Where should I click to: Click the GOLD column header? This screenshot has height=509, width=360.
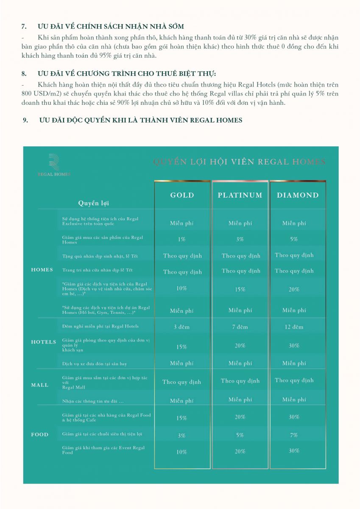[182, 195]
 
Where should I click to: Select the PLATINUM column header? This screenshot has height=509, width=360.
[240, 195]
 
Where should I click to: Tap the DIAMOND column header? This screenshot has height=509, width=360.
[298, 195]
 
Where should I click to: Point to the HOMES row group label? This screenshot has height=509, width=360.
[42, 270]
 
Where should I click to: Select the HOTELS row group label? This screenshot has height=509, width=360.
[44, 342]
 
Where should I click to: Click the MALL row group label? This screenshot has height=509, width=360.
[40, 385]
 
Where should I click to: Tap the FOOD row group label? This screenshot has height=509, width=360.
[40, 434]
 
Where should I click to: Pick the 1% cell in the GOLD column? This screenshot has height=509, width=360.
[181, 239]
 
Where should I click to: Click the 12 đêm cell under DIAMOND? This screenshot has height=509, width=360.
[294, 327]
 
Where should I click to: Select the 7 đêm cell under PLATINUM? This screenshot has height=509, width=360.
[240, 327]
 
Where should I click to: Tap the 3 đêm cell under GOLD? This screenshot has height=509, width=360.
[181, 327]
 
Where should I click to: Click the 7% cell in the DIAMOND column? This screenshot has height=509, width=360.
[294, 435]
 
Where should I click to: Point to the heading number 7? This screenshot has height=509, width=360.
[24, 27]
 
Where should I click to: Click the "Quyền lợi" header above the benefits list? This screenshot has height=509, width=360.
[94, 203]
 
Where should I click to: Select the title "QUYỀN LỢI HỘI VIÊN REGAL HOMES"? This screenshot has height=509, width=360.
[240, 162]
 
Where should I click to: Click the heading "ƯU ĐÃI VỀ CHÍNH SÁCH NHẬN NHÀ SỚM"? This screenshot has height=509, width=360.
[111, 27]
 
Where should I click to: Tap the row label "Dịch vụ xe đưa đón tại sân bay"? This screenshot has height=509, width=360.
[95, 364]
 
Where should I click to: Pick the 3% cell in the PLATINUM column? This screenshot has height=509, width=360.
[240, 239]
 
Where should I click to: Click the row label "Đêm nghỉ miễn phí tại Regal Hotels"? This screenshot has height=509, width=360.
[100, 326]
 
